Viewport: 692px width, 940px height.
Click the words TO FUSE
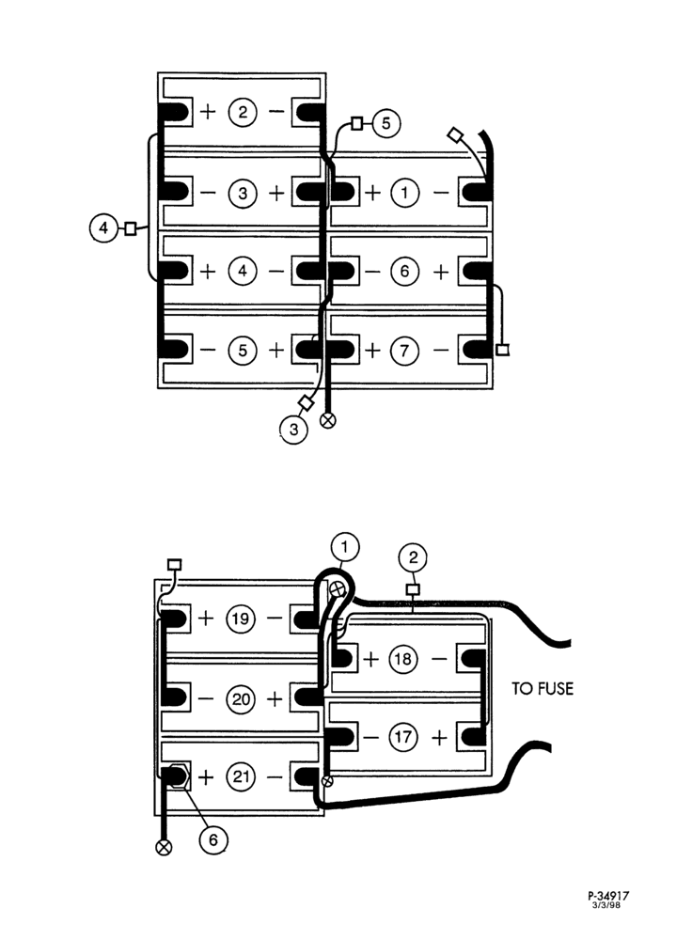click(543, 688)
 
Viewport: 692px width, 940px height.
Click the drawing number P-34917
click(608, 896)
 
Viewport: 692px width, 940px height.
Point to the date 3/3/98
click(606, 905)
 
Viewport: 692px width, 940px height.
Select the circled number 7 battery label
click(405, 350)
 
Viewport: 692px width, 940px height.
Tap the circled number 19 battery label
click(241, 619)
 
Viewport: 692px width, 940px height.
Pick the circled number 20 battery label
click(241, 699)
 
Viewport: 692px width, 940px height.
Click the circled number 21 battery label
click(241, 777)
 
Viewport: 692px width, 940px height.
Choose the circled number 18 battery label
click(403, 660)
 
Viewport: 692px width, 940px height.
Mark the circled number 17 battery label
click(403, 736)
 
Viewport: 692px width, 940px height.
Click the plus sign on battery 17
click(439, 737)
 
